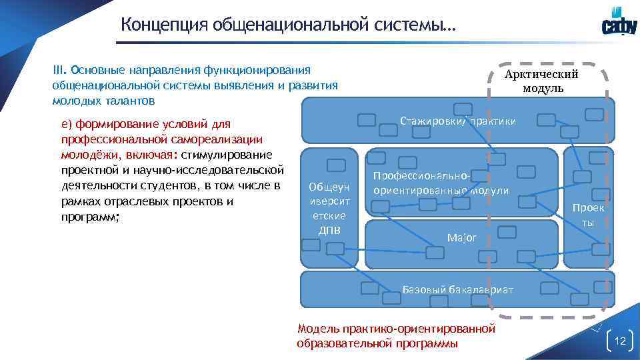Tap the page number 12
(x=621, y=341)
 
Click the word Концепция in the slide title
(x=164, y=25)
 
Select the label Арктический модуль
(x=541, y=81)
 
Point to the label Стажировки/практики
(x=457, y=121)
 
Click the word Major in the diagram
(x=461, y=237)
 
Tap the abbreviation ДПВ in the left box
(x=329, y=231)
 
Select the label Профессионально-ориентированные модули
(x=440, y=183)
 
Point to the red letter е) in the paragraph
(x=66, y=123)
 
